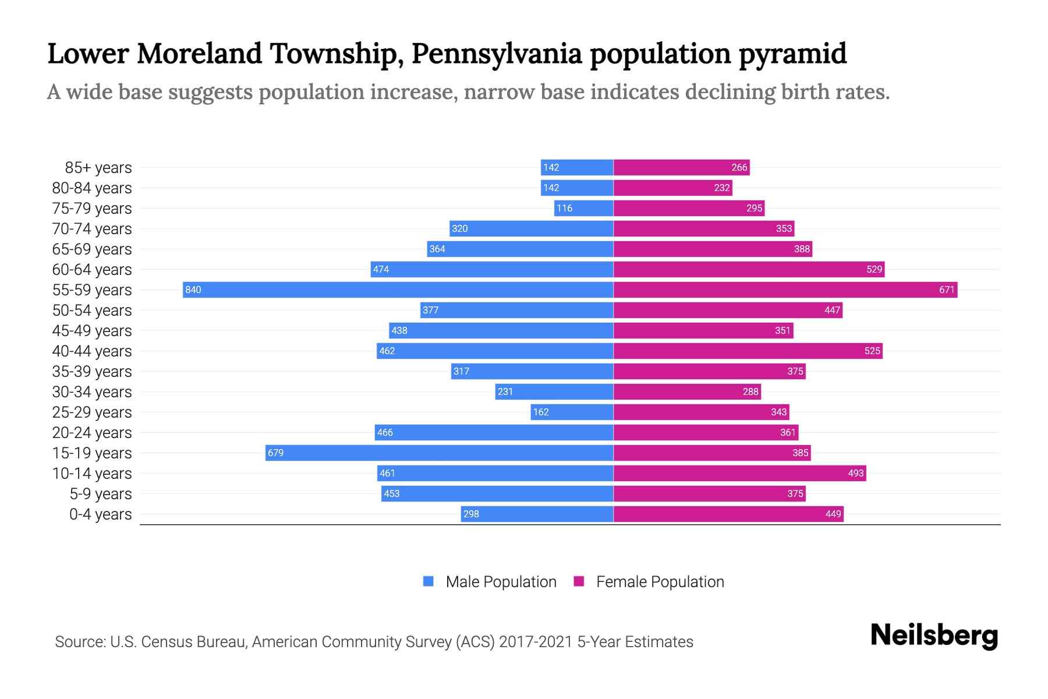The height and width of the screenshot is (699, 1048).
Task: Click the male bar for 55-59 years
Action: (398, 290)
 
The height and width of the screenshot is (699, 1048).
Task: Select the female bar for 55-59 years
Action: (785, 290)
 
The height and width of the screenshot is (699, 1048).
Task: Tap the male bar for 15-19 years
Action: (440, 453)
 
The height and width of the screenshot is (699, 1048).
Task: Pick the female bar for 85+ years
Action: (681, 167)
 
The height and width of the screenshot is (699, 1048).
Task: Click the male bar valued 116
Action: (584, 208)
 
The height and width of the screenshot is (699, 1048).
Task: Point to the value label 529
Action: (874, 269)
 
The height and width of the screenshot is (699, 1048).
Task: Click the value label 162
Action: (541, 412)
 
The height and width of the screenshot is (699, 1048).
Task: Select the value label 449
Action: (833, 514)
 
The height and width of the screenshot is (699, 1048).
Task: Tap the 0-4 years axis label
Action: (100, 514)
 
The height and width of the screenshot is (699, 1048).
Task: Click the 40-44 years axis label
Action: (92, 351)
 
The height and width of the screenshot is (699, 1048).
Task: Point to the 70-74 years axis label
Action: (92, 229)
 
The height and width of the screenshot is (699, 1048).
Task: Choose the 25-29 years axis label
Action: (92, 412)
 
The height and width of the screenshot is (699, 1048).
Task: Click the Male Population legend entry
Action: (501, 581)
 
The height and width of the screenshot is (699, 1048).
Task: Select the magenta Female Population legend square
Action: (579, 581)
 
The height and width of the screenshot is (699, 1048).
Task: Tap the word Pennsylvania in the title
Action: (497, 54)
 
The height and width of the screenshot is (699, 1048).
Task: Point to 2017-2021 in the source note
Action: (536, 642)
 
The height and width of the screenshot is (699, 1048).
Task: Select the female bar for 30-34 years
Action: (687, 391)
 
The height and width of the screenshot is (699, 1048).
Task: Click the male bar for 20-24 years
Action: (494, 432)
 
